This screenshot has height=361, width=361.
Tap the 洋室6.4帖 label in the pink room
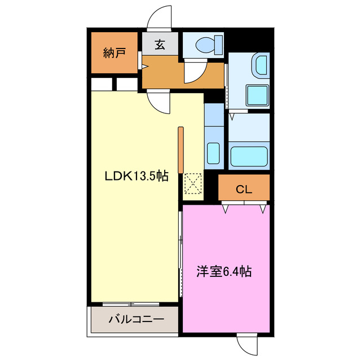coord(224,272)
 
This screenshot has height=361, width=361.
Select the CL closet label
coord(244,189)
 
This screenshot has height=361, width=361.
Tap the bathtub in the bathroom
coord(249,156)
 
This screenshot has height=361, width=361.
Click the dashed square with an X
coord(193,183)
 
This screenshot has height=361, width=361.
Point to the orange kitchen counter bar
coord(180,150)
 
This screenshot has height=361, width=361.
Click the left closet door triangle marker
coord(226,209)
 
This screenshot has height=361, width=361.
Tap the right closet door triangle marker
coord(263,209)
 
